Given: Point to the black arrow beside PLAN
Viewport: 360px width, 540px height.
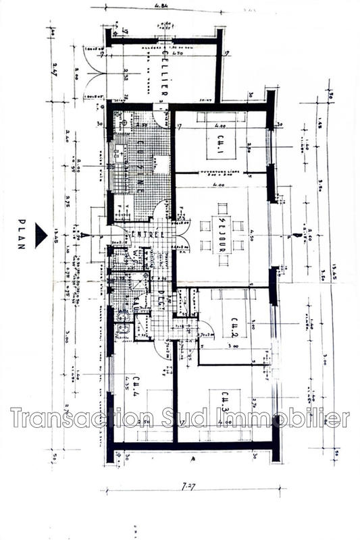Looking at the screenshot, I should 42,234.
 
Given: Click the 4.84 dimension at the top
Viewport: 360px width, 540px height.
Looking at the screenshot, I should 161,6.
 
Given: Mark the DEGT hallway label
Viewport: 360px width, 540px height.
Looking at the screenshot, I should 162,297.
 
